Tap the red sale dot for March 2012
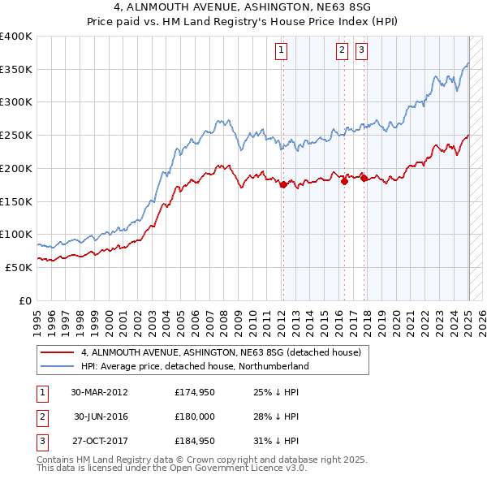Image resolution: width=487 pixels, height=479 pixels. [283, 185]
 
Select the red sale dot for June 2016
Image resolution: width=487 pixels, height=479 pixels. [344, 182]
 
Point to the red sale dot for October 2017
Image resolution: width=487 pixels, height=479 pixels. [364, 179]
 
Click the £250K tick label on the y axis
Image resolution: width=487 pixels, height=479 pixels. [16, 136]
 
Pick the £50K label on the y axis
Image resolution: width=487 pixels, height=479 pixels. [19, 267]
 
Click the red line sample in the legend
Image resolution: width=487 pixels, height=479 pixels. [56, 352]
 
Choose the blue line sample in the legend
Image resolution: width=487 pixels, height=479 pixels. [56, 366]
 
